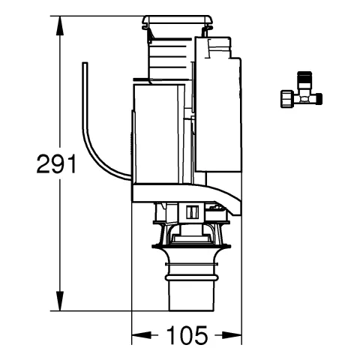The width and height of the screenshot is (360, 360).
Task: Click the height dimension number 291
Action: [x=56, y=164]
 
